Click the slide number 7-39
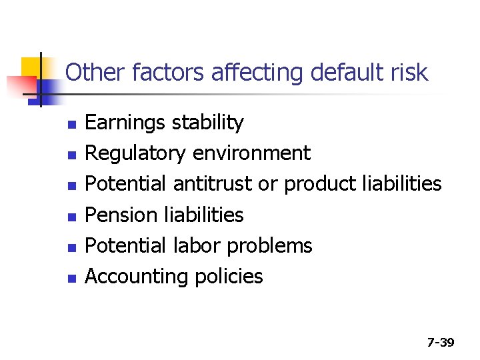(x=441, y=343)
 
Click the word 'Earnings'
(x=126, y=123)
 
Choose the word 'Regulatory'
(x=135, y=153)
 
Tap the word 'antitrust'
(x=214, y=184)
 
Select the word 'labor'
(x=196, y=245)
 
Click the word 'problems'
(x=269, y=246)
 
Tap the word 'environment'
(x=251, y=153)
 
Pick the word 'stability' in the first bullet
(x=208, y=123)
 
